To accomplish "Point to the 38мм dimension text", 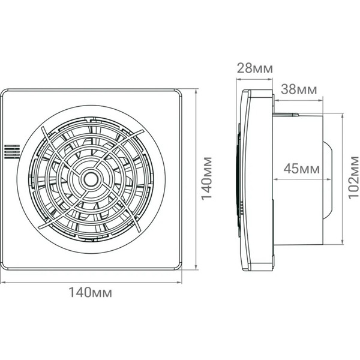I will click(x=298, y=91).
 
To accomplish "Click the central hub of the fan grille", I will click(x=91, y=178).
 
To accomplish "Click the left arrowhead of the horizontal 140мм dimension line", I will click(x=2, y=282).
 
